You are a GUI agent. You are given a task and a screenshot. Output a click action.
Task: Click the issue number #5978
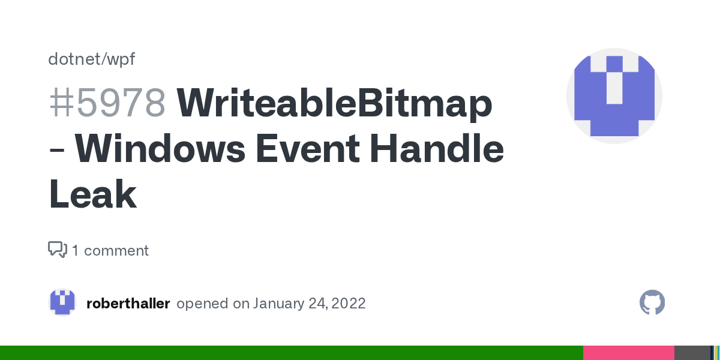(x=107, y=103)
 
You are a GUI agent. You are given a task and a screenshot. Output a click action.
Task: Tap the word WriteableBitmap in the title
(x=334, y=103)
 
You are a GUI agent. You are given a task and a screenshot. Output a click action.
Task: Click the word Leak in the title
(x=92, y=195)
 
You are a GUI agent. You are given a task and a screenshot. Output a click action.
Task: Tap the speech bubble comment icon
(x=58, y=250)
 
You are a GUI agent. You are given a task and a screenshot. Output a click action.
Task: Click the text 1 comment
(x=110, y=250)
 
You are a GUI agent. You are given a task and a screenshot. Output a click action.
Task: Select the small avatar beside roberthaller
(x=62, y=303)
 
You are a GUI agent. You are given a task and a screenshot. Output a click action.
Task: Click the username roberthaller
(x=128, y=304)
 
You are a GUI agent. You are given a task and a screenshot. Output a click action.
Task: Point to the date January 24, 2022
(x=309, y=304)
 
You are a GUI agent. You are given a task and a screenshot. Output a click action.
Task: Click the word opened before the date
(x=202, y=304)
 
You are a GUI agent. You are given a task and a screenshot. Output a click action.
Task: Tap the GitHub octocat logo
(x=652, y=303)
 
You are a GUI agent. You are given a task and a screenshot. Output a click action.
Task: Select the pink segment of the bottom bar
(x=628, y=353)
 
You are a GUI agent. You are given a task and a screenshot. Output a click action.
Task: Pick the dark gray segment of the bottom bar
(x=691, y=353)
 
